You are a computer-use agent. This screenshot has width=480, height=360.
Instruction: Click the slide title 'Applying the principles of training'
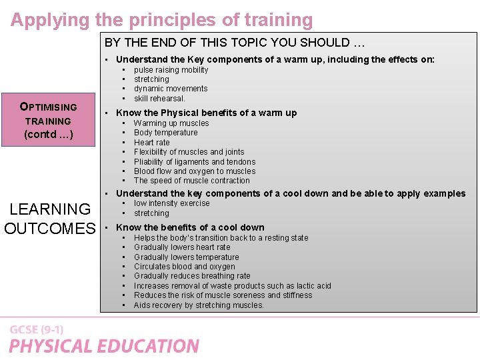(161, 20)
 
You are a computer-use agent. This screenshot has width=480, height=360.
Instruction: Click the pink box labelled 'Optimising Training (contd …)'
(48, 121)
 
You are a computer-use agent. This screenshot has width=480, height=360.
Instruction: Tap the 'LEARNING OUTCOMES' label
(49, 219)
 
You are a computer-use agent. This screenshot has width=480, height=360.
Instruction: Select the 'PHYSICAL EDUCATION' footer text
(104, 346)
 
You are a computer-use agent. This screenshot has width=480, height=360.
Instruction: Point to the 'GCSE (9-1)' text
(37, 330)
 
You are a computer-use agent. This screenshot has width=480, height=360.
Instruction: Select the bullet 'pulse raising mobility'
(171, 70)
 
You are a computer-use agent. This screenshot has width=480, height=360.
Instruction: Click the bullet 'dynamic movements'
(171, 89)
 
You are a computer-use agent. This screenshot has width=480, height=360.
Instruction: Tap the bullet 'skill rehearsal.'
(159, 99)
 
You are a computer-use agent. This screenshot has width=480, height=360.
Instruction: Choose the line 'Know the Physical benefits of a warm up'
(206, 113)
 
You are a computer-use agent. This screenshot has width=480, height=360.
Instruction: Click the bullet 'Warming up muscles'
(171, 123)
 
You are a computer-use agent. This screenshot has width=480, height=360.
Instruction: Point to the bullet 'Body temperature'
(165, 133)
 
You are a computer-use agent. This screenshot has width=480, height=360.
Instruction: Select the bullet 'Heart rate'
(152, 143)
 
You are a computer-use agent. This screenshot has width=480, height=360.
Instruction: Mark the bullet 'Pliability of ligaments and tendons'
(195, 162)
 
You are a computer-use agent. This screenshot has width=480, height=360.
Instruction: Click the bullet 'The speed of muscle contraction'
(192, 181)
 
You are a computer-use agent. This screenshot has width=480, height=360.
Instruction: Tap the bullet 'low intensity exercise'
(171, 203)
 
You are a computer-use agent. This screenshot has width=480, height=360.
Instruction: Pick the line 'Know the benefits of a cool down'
(190, 227)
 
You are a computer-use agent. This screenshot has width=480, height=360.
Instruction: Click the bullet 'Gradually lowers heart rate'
(182, 247)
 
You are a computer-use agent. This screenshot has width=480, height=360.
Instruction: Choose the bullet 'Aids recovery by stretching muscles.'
(199, 305)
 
